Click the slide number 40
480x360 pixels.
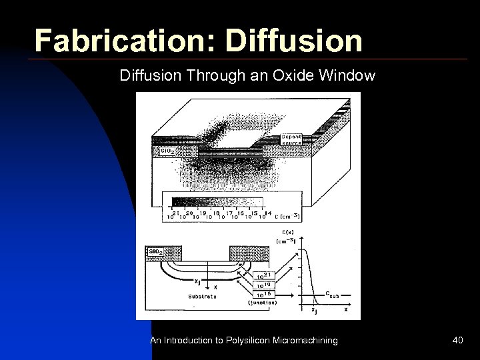[457, 341]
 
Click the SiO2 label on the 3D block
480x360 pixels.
[166, 151]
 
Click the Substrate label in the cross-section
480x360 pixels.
[201, 295]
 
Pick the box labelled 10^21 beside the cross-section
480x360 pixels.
[265, 275]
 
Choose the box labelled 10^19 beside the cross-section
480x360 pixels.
[265, 284]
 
